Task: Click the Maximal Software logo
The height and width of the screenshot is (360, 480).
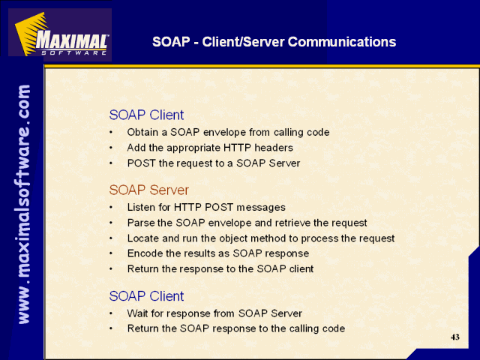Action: [60, 34]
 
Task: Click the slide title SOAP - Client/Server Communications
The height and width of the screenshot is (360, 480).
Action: [274, 42]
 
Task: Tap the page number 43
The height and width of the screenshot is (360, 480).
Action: [455, 337]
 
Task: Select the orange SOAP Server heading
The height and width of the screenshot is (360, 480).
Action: [148, 190]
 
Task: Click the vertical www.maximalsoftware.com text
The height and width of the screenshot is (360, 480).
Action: [24, 204]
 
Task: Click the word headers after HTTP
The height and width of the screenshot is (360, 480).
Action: [274, 148]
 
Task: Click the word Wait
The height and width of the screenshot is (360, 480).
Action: [137, 313]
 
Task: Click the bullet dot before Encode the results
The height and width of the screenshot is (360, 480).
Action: [111, 253]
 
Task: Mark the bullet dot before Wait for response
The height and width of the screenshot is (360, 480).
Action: [111, 313]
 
